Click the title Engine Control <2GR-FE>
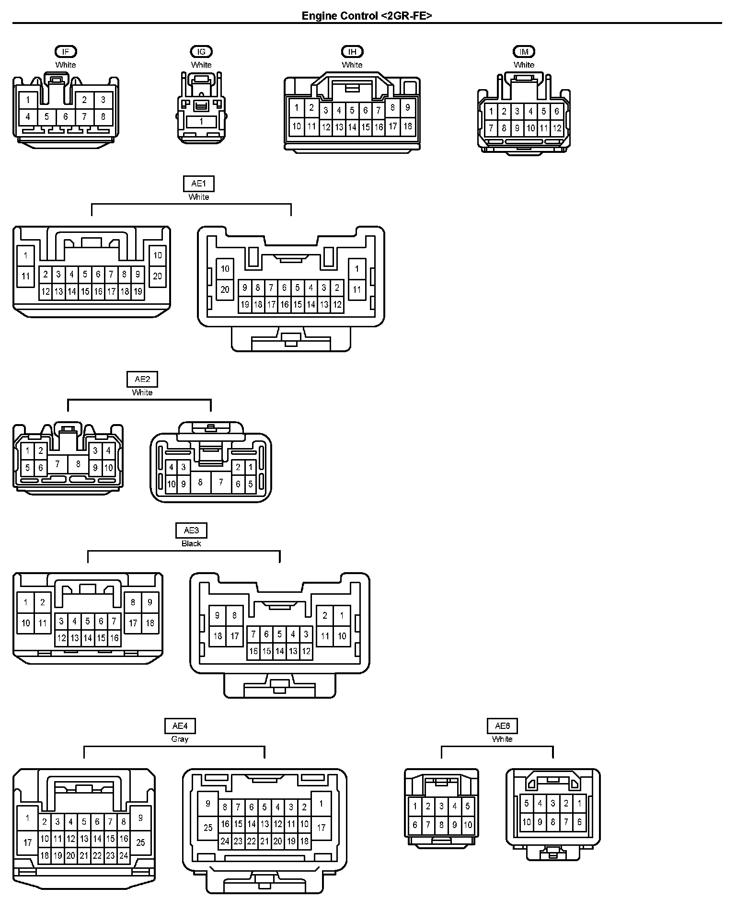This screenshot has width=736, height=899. tap(367, 16)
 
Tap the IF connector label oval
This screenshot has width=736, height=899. tap(66, 51)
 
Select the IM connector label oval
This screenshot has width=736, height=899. tap(524, 51)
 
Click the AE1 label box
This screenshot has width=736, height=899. tap(199, 184)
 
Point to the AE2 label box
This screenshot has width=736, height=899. tap(142, 379)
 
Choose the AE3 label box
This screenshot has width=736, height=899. tap(191, 530)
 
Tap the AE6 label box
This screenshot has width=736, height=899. tap(502, 726)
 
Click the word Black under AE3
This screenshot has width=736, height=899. tap(191, 543)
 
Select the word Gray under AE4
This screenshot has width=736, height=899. tap(180, 739)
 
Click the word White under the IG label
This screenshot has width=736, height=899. tap(201, 65)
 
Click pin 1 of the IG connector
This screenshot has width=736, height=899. tap(201, 122)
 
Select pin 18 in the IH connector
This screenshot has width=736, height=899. tap(408, 126)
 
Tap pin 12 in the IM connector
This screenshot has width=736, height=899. tap(557, 128)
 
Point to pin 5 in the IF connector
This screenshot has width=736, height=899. tap(46, 116)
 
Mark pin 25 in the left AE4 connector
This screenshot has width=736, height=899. tap(140, 842)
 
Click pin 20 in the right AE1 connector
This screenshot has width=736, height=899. tap(225, 289)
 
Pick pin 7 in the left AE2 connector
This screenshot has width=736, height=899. tap(57, 463)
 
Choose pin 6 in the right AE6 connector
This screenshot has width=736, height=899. tap(579, 822)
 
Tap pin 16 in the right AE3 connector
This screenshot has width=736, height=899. tap(253, 651)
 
